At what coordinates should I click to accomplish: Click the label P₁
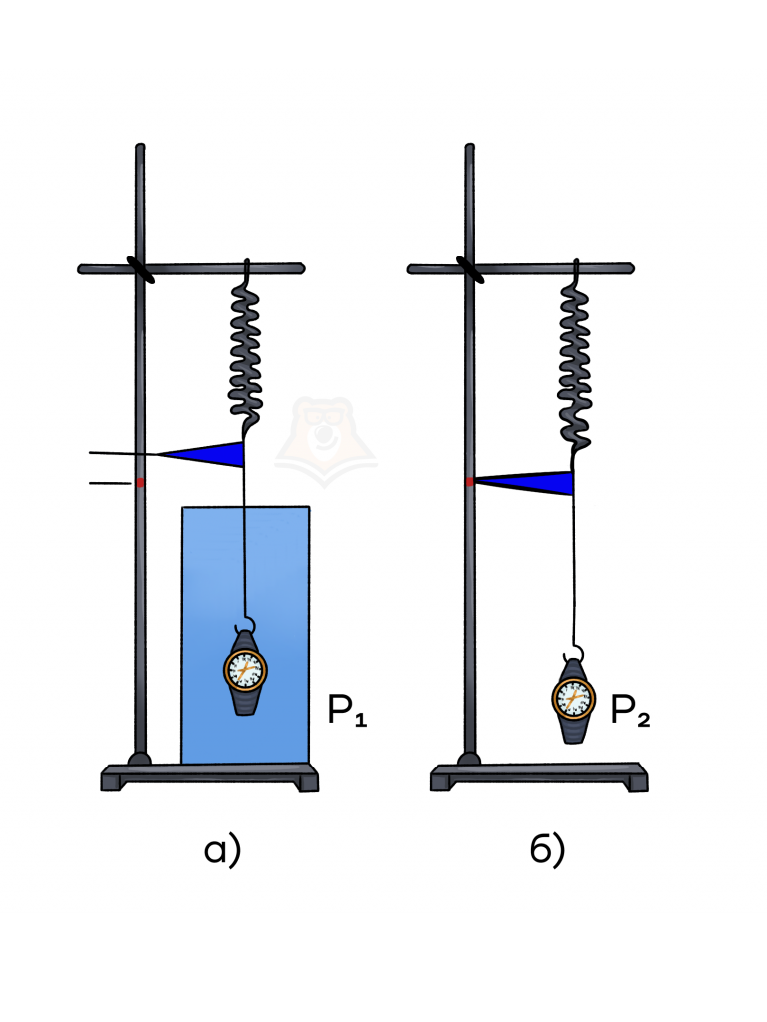(x=347, y=710)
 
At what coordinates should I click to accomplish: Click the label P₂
(x=630, y=710)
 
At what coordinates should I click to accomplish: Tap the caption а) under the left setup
(x=222, y=851)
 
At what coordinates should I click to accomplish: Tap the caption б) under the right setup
(x=547, y=850)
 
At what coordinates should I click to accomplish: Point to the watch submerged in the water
(x=246, y=672)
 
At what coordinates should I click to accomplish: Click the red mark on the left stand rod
(x=140, y=482)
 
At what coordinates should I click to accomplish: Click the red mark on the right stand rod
(x=470, y=482)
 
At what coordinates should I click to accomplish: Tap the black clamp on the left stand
(x=140, y=269)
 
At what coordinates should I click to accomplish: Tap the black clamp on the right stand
(x=470, y=269)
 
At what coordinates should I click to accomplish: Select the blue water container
(x=246, y=635)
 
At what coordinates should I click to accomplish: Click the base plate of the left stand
(x=210, y=777)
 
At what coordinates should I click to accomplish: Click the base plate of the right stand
(x=539, y=777)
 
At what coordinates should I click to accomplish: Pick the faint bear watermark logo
(x=325, y=441)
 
